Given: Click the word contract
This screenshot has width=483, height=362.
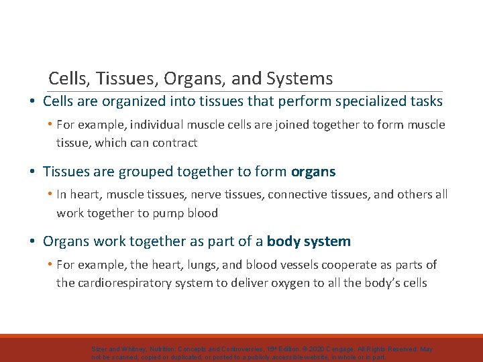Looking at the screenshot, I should click(x=176, y=142).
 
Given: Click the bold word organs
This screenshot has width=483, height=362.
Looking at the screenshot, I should click(x=313, y=172).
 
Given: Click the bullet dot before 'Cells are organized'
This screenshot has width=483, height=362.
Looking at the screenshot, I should click(x=32, y=102).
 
